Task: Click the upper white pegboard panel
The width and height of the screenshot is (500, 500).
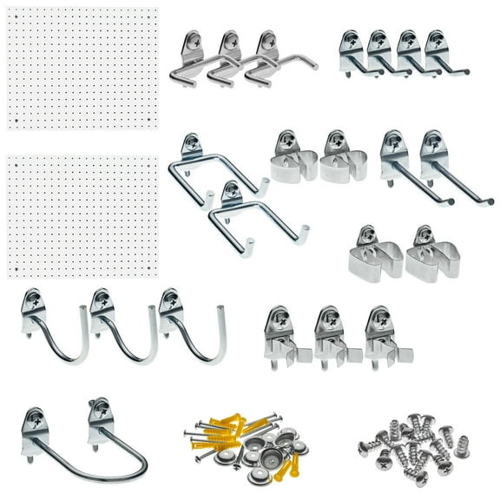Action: pos(82,68)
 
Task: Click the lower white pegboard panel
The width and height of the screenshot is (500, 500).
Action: pos(82,216)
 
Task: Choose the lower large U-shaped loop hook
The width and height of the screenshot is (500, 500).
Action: pos(252,213)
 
